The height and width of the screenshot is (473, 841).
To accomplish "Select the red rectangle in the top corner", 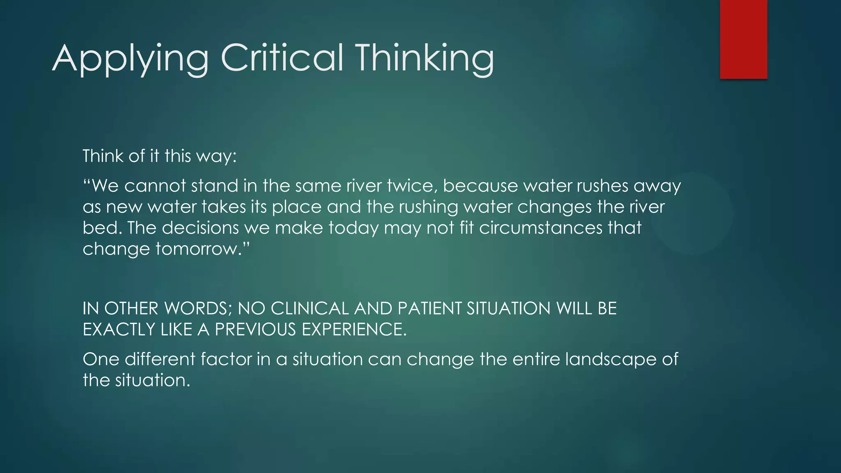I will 743,39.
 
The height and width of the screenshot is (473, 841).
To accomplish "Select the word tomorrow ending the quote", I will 199,249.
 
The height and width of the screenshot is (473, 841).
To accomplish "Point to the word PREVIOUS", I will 255,330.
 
